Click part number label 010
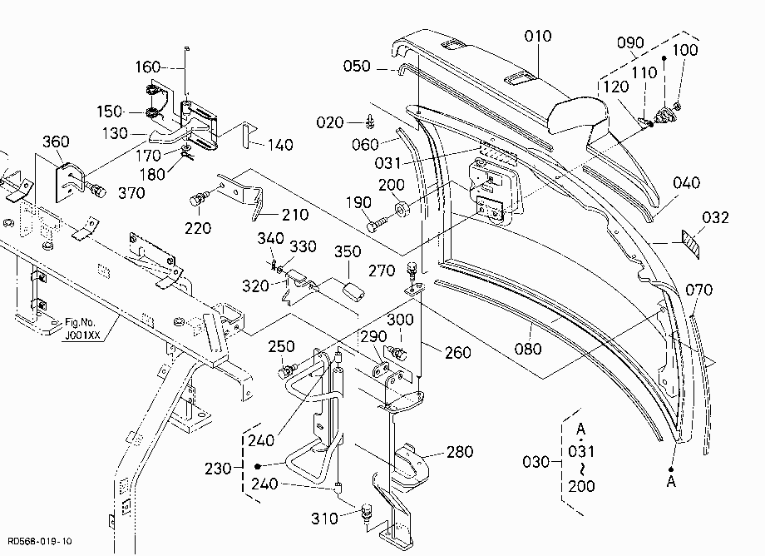[538, 36]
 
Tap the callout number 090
[630, 43]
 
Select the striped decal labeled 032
[690, 244]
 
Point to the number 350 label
[348, 251]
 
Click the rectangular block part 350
[353, 291]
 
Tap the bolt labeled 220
[199, 200]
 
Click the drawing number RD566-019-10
[40, 541]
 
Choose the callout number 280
[460, 451]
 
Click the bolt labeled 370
[96, 190]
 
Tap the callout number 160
[148, 67]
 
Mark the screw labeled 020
[370, 121]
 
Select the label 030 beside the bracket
[535, 462]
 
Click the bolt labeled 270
[412, 270]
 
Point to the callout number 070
[699, 290]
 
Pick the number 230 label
[218, 469]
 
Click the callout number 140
[280, 145]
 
